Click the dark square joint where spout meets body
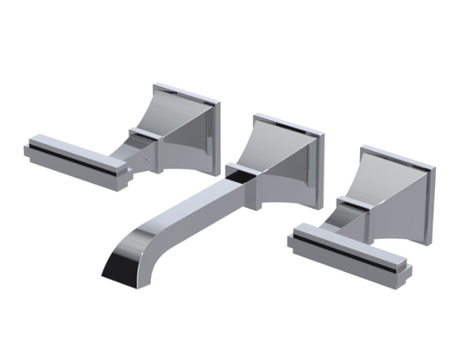click(243, 171)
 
